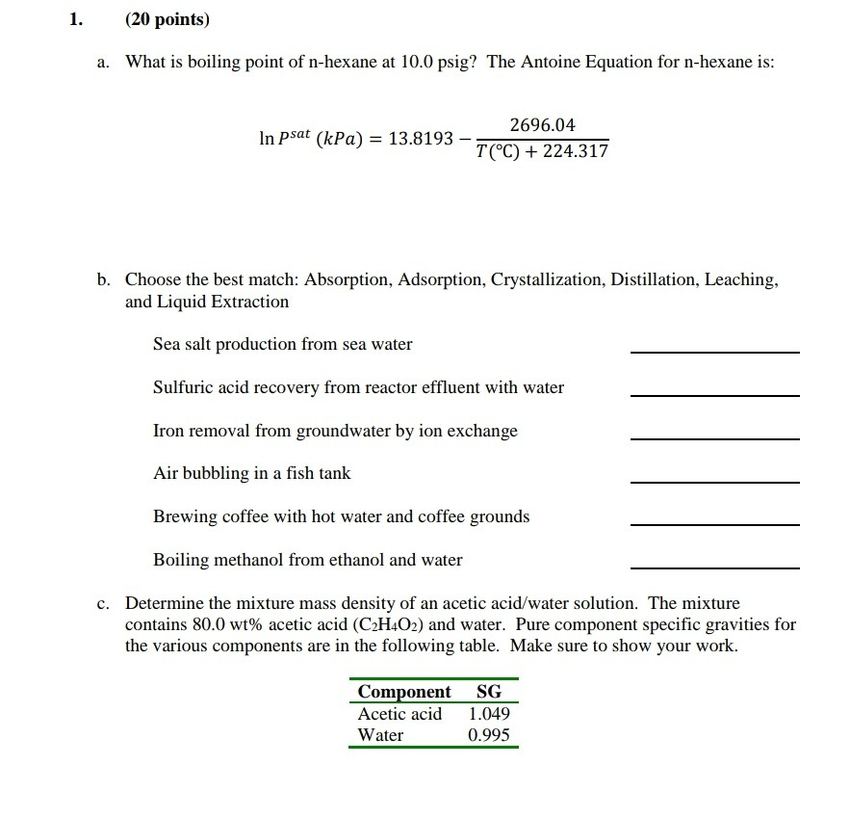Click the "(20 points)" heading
167,19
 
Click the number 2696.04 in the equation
542,125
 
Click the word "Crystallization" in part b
545,279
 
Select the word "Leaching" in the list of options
740,279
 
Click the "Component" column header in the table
403,692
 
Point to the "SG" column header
488,692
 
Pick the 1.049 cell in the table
489,714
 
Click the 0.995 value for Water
489,735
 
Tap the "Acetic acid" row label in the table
399,714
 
